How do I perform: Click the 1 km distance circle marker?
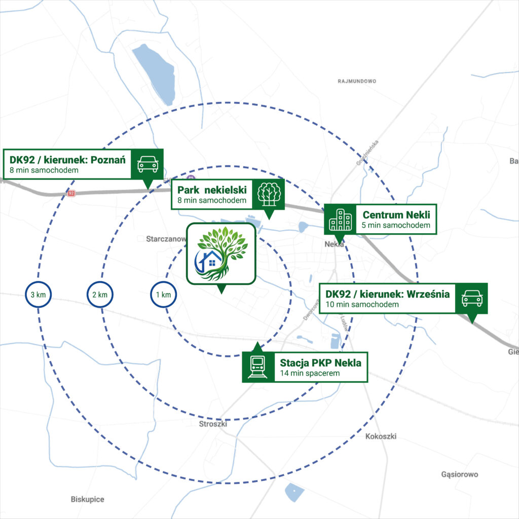point(163,295)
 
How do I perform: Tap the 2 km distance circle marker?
point(100,295)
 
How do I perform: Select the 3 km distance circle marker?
point(39,295)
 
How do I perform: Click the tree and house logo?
point(221,253)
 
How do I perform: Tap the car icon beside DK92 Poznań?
point(147,164)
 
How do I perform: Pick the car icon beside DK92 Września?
point(472,298)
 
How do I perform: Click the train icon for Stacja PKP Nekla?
point(257,366)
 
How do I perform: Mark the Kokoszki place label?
point(381,436)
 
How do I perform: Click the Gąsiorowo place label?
point(460,475)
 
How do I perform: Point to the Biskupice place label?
point(87,499)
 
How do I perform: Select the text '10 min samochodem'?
point(362,305)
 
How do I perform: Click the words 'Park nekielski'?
point(212,190)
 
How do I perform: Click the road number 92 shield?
point(71,193)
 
